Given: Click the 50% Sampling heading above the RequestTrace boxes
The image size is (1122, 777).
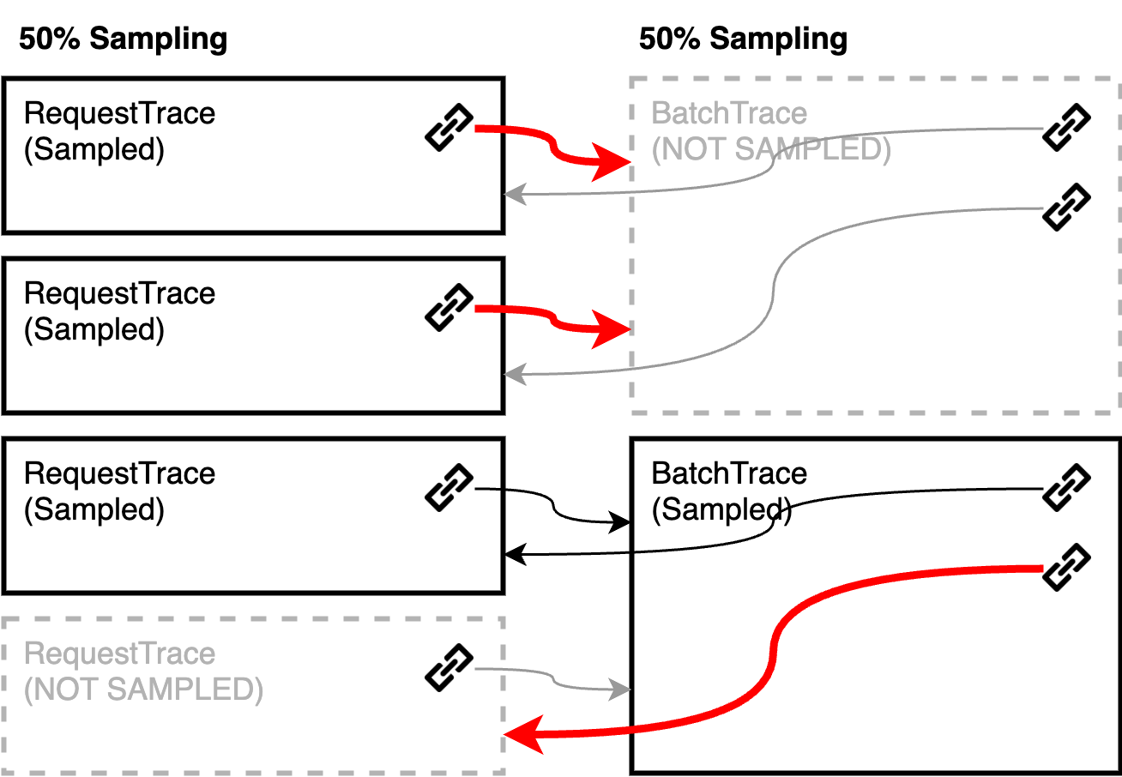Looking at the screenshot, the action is (x=124, y=39).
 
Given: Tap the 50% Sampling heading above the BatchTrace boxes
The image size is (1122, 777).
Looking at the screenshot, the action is (x=744, y=39).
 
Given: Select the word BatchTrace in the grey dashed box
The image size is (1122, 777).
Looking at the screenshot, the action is (x=729, y=113).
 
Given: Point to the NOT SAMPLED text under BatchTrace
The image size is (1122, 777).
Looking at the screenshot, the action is (x=771, y=150).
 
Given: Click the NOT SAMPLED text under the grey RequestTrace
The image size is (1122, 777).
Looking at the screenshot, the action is (x=144, y=690).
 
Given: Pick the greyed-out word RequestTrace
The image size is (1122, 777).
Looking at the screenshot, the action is (x=120, y=654).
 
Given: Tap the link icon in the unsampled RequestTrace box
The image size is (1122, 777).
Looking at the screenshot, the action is (x=449, y=668).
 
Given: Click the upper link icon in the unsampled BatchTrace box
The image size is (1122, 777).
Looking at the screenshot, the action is (x=1066, y=127).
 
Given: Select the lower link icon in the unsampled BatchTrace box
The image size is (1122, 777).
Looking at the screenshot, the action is (x=1066, y=208).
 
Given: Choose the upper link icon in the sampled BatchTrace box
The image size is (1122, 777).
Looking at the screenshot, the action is (x=1066, y=488).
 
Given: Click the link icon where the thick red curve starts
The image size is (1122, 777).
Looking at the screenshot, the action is (x=1066, y=567).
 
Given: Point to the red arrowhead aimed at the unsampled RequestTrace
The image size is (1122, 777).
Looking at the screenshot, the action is (x=523, y=734).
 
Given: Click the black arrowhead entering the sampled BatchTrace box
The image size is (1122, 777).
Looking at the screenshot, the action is (x=619, y=522).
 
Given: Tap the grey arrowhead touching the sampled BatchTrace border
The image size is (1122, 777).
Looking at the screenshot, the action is (x=619, y=690).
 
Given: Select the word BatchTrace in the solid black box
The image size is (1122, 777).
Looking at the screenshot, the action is (x=729, y=473).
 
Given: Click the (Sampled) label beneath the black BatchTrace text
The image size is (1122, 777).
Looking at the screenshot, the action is (x=721, y=510).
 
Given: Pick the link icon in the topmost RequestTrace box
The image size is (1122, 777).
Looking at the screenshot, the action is (x=449, y=127).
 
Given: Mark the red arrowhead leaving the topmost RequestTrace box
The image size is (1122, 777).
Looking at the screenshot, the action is (x=611, y=162).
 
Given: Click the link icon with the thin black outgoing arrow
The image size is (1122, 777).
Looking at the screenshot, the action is (x=449, y=488).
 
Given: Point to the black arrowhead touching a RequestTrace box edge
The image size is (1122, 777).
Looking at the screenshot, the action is (x=515, y=554).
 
